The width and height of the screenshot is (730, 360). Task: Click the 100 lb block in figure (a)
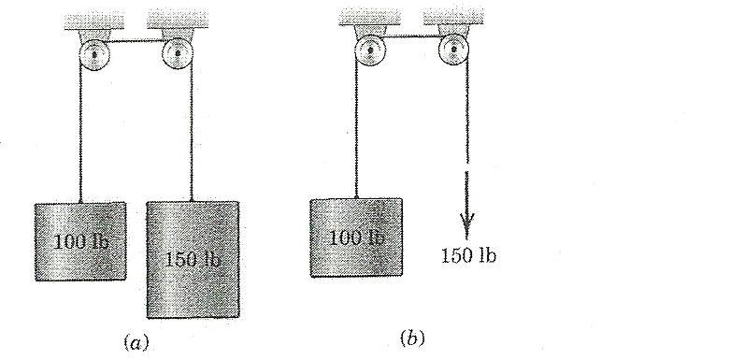79,240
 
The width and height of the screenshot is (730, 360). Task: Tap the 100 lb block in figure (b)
355,238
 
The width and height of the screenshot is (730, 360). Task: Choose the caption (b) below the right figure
411,338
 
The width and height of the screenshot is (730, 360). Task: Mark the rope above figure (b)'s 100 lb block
357,131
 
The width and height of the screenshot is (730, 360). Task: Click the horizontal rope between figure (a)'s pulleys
133,40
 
